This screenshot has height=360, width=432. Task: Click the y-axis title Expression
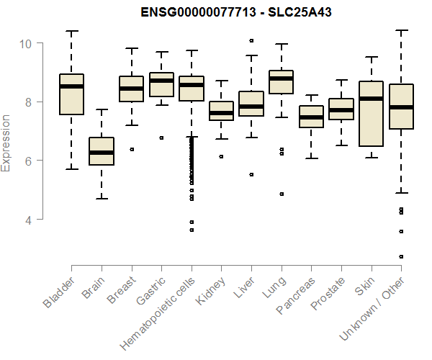[x=6, y=143]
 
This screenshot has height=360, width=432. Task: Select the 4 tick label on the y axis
[x=26, y=219]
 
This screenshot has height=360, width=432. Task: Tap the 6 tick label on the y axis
[x=26, y=160]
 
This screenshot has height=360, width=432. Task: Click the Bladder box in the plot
[x=71, y=94]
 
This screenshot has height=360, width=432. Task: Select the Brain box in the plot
[x=102, y=151]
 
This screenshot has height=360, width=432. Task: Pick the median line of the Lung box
[x=282, y=78]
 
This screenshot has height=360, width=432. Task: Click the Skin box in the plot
[x=372, y=114]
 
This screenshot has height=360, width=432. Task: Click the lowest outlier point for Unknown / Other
[x=401, y=256]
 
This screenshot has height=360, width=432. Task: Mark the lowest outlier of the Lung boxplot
[x=282, y=194]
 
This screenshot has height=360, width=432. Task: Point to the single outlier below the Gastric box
[x=161, y=138]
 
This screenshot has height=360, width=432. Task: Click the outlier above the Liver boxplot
[x=251, y=41]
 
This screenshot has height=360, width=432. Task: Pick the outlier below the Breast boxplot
[x=132, y=149]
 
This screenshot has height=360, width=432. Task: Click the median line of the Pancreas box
[x=311, y=117]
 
